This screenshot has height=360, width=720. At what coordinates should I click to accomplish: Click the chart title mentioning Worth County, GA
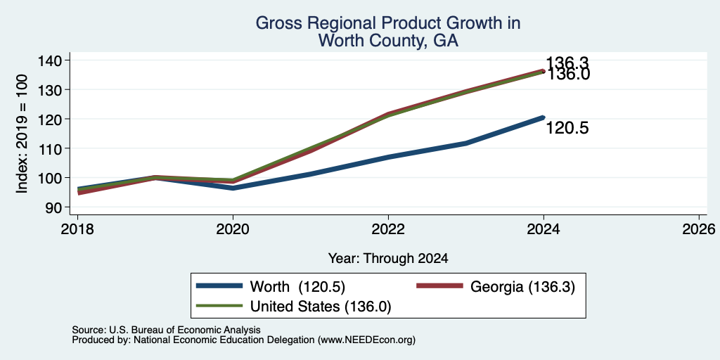[x=388, y=32]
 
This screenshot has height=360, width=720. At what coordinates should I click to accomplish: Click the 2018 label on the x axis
[x=77, y=229]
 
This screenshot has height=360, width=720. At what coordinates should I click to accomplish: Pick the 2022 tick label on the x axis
[x=388, y=229]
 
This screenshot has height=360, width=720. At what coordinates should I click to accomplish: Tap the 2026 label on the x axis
[x=699, y=229]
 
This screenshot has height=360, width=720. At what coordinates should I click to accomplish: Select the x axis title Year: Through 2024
[x=388, y=259]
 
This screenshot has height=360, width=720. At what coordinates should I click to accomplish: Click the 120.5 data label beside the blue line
[x=567, y=129]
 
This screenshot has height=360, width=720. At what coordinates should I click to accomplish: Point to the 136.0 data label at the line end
[x=568, y=75]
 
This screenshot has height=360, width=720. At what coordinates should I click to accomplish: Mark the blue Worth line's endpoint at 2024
[x=544, y=117]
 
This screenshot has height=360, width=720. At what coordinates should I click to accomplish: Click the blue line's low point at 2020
[x=233, y=188]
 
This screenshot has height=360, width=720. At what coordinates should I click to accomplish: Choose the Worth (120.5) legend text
[x=297, y=287]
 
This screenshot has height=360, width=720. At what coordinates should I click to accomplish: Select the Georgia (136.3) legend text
[x=522, y=287]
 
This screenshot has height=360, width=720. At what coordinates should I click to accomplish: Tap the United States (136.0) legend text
[x=321, y=307]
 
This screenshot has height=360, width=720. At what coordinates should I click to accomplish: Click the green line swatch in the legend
[x=219, y=306]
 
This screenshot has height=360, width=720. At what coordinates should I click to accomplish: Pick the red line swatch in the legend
[x=439, y=286]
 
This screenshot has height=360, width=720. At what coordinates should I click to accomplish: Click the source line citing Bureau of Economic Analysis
[x=166, y=330]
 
